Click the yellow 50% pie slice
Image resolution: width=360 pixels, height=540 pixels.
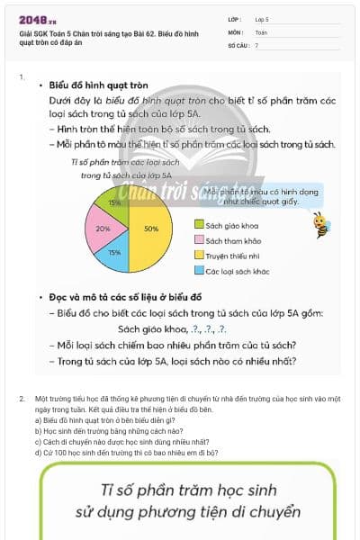[151, 229]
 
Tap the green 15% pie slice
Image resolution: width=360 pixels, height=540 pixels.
[114, 204]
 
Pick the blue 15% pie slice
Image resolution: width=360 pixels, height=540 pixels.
[115, 254]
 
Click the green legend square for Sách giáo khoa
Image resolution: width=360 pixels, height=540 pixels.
[199, 224]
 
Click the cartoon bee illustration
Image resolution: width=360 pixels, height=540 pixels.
[319, 224]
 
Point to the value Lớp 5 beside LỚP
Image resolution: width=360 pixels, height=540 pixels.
[263, 19]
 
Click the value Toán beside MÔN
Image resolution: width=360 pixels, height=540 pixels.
[261, 31]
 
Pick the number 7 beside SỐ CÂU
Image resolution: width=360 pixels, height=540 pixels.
[256, 45]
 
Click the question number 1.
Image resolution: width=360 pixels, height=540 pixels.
[22, 77]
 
